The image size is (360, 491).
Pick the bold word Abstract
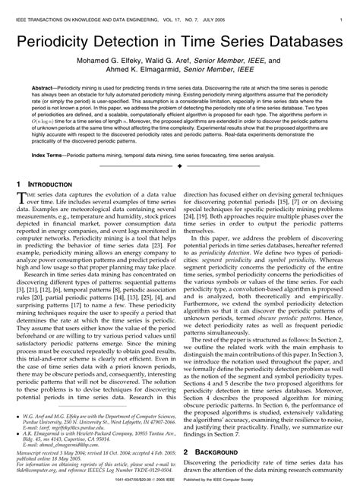pos(46,88)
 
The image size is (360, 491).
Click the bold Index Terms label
pos(48,154)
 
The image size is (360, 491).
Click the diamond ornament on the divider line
pos(179,165)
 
